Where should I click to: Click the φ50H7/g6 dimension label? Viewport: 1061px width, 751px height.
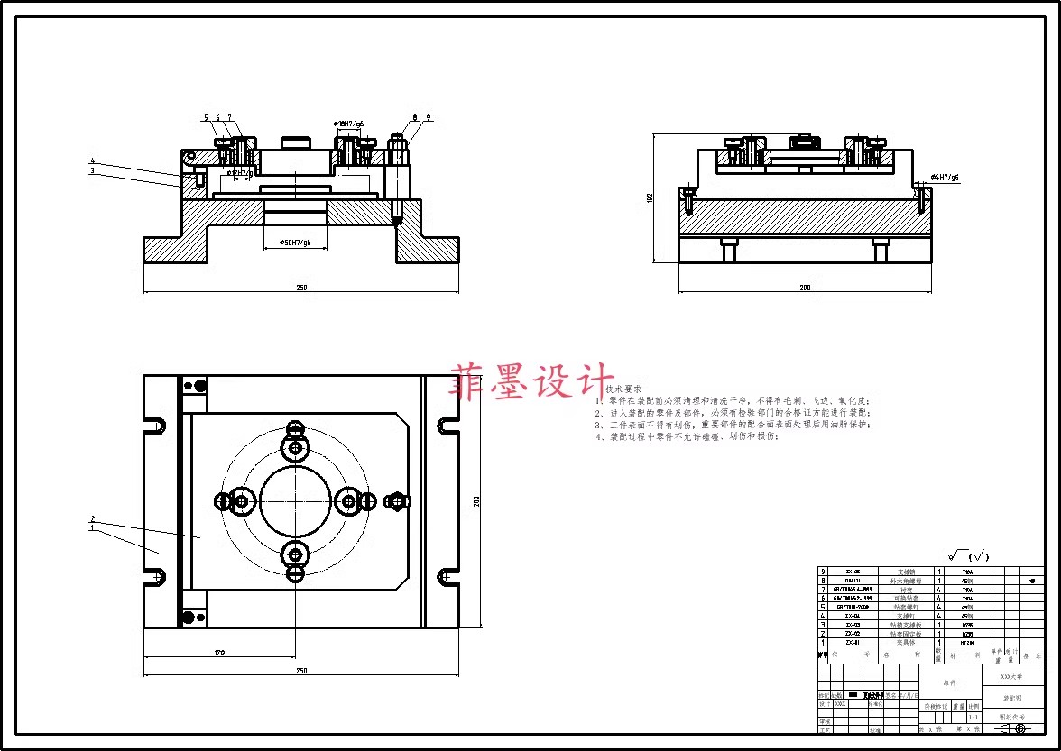point(295,243)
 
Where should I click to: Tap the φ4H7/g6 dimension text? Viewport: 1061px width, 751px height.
point(945,178)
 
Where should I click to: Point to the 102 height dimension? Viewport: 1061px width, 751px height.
point(650,197)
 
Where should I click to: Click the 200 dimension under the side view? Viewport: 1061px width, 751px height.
point(805,288)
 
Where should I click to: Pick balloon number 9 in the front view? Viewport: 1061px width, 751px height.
point(429,118)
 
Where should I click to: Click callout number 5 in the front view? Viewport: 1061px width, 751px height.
point(206,118)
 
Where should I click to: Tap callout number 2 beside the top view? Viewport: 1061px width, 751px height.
point(93,518)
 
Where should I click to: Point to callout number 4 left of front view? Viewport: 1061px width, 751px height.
point(92,161)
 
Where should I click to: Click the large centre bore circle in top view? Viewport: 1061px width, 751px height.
point(295,500)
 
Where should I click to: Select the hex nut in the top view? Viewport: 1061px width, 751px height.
point(394,501)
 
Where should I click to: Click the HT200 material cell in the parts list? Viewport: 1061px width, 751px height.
point(967,642)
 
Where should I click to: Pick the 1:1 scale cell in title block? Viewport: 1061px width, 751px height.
point(973,718)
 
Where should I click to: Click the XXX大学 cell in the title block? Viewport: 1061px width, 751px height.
point(1013,675)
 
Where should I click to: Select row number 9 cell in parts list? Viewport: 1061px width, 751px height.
point(822,572)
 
